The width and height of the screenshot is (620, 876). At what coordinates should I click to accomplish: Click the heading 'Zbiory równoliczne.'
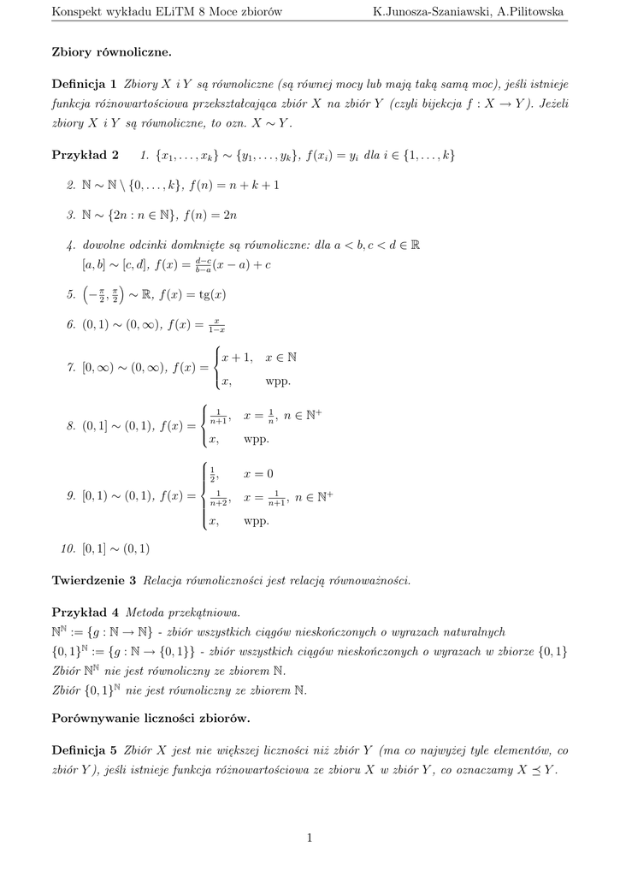pos(112,52)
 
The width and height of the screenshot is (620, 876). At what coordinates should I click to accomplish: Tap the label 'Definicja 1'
pos(84,85)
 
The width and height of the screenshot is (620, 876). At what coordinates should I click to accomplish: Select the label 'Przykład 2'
pos(86,155)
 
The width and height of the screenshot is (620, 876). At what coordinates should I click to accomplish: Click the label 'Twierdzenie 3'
pos(94,580)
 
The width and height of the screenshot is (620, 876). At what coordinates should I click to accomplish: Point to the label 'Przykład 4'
pos(86,613)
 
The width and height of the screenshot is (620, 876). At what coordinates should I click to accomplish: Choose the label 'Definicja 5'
pos(84,750)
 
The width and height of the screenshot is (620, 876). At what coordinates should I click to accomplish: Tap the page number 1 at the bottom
pos(310,838)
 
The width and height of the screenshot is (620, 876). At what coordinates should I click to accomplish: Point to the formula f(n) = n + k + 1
pos(234,184)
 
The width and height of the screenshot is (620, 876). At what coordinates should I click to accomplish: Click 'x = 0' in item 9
pos(259,474)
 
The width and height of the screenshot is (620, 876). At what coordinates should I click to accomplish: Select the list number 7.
pos(70,369)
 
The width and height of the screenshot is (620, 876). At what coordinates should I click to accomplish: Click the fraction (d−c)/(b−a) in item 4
pos(203,265)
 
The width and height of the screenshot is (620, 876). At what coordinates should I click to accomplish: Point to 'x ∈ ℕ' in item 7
pos(281,357)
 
